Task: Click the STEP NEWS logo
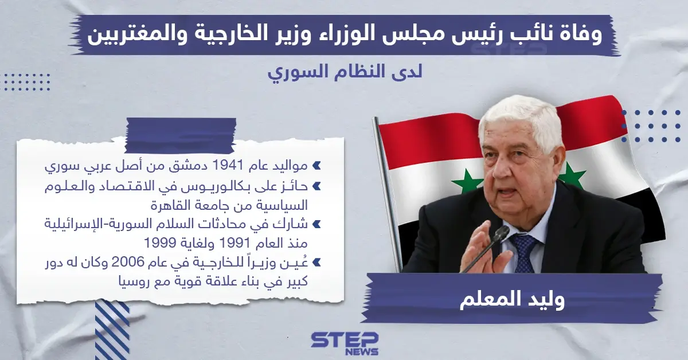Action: tap(345, 343)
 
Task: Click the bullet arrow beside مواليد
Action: tap(316, 167)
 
